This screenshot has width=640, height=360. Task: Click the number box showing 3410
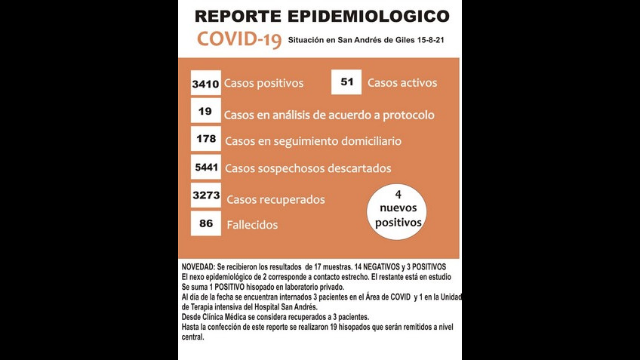(x=205, y=84)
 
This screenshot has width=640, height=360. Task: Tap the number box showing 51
(x=346, y=82)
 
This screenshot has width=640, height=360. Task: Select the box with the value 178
(x=205, y=139)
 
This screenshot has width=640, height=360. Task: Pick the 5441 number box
(x=205, y=168)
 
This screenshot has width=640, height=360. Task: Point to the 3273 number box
(x=205, y=196)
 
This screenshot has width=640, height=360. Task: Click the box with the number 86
(x=205, y=223)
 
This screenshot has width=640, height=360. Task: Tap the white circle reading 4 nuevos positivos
(x=398, y=211)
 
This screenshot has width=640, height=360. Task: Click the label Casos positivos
(x=263, y=83)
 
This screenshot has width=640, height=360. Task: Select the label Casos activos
(x=402, y=83)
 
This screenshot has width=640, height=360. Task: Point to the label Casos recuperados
(x=275, y=199)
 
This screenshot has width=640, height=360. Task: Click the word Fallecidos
(x=252, y=225)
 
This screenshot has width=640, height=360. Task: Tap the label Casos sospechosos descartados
(x=308, y=168)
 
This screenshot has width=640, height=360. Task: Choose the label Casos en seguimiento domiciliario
(x=312, y=140)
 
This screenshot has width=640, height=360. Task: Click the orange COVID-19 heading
(x=239, y=40)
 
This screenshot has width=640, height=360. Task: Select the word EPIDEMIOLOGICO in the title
(x=369, y=16)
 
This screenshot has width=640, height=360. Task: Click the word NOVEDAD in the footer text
(x=198, y=267)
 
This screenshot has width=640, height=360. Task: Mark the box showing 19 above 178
(x=205, y=112)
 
